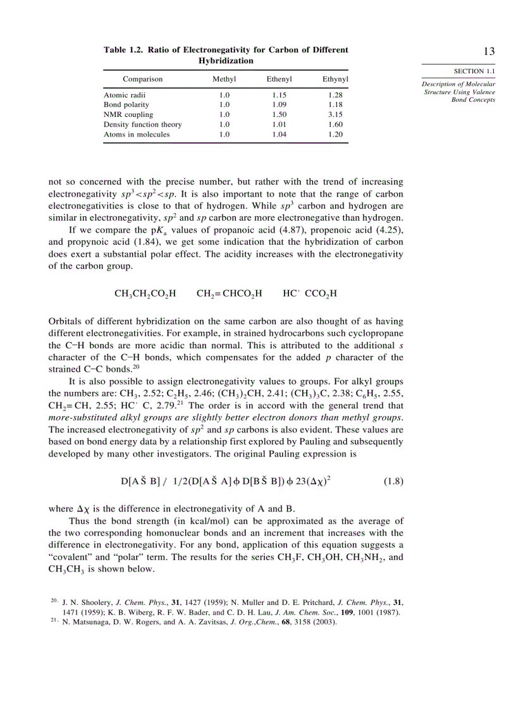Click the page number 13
tap(488, 52)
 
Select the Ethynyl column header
tap(335, 80)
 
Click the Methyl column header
tap(224, 80)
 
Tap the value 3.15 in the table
tap(335, 114)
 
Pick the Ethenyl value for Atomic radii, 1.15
tap(279, 95)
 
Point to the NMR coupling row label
tap(128, 114)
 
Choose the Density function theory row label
tap(143, 125)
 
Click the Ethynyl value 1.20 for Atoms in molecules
tap(335, 134)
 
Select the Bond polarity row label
tap(126, 104)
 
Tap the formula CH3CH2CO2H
tap(145, 293)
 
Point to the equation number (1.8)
tap(393, 481)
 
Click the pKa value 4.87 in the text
tap(266, 230)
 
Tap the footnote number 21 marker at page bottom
tap(54, 621)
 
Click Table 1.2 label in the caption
tap(124, 50)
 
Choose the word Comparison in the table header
tap(143, 80)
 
